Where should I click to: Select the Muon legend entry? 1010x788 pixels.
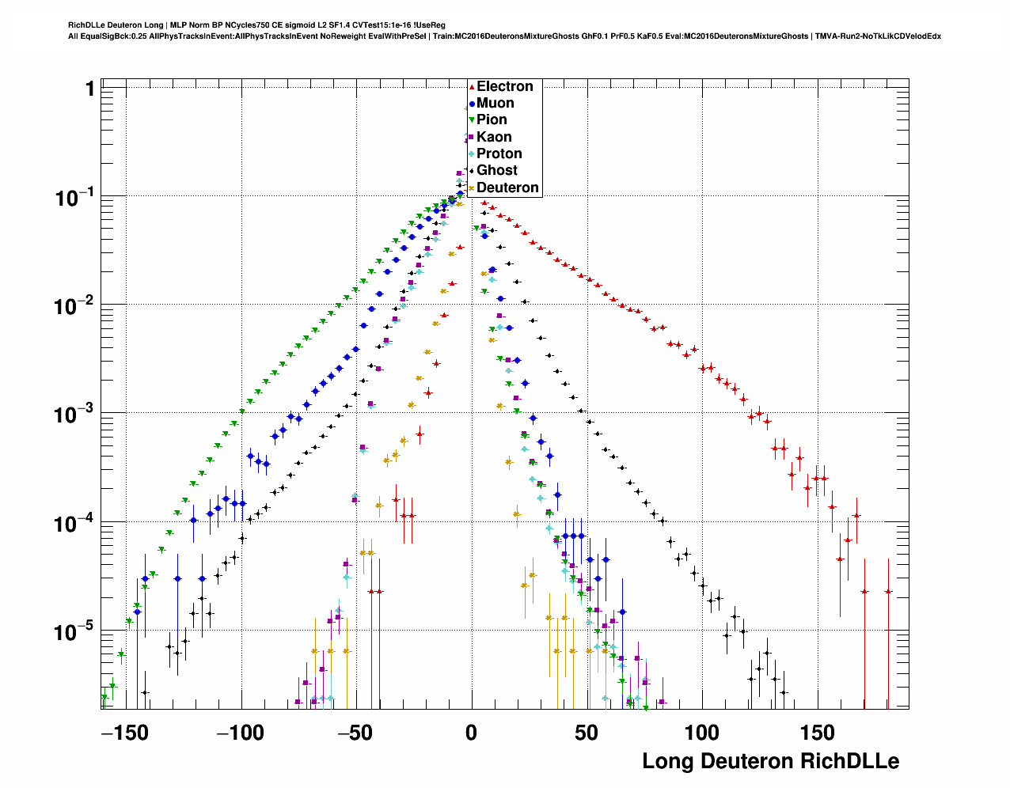tap(495, 103)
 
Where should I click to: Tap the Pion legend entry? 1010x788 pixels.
tap(492, 119)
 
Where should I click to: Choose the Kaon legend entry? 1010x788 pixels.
tap(494, 137)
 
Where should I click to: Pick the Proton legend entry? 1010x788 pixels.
tap(499, 153)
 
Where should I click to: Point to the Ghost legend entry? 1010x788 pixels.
tap(496, 170)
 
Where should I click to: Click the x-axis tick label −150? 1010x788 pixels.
tap(125, 733)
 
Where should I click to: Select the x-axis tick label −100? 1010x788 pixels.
tap(241, 733)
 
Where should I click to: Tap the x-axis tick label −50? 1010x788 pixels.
tap(355, 733)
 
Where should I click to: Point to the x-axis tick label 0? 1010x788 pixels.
tap(472, 733)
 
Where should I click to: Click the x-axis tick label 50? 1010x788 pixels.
tap(587, 733)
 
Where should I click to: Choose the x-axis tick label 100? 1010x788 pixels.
tap(702, 733)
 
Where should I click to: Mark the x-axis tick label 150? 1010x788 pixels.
tap(817, 733)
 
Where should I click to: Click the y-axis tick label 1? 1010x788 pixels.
tap(90, 89)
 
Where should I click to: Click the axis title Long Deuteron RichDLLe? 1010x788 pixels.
tap(770, 761)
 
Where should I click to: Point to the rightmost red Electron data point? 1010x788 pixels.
tap(888, 592)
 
